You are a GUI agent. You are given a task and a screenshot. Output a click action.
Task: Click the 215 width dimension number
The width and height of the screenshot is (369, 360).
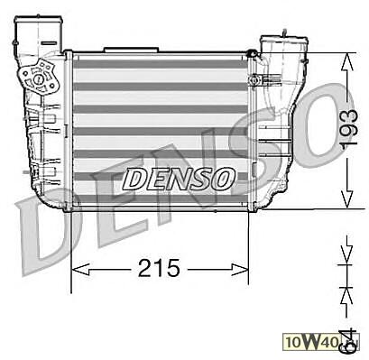[x=159, y=268]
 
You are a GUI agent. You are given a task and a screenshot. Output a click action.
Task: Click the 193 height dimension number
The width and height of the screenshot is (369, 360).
[x=348, y=130]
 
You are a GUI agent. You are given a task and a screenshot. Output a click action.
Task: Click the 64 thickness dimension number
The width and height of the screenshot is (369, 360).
[x=348, y=342]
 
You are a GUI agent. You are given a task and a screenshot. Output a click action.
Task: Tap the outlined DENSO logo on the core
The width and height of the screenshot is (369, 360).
[x=179, y=179]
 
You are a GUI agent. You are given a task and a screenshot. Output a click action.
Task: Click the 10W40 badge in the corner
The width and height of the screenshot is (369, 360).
[x=321, y=342]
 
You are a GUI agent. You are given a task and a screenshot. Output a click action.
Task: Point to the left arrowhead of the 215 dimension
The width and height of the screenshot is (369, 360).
[x=80, y=269]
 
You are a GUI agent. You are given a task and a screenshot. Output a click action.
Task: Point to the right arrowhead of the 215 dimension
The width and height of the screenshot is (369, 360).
[x=240, y=269]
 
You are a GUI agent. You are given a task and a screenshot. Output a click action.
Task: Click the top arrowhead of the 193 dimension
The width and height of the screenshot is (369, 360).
[x=347, y=62]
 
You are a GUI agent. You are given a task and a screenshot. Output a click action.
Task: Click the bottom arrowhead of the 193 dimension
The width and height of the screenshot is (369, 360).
[x=347, y=198]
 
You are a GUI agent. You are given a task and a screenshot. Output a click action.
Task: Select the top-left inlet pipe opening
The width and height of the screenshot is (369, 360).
[x=39, y=21]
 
